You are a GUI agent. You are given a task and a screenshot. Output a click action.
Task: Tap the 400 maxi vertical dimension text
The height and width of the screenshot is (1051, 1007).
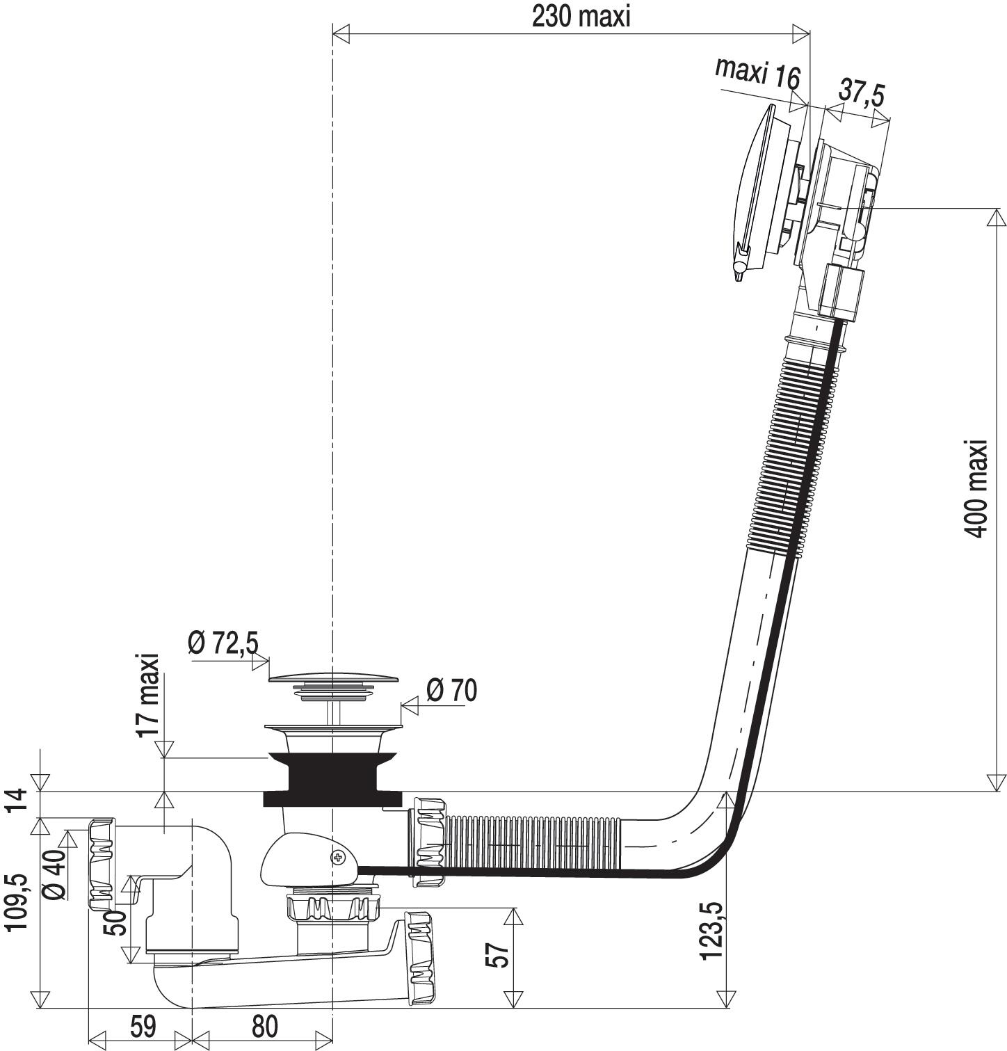point(976,488)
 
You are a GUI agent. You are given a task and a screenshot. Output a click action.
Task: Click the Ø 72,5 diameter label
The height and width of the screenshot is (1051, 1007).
point(223,643)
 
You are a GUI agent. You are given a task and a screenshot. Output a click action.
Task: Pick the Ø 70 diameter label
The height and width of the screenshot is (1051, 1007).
point(451,690)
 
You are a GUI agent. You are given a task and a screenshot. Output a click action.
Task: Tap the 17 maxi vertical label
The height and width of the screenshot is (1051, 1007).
point(148,696)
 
